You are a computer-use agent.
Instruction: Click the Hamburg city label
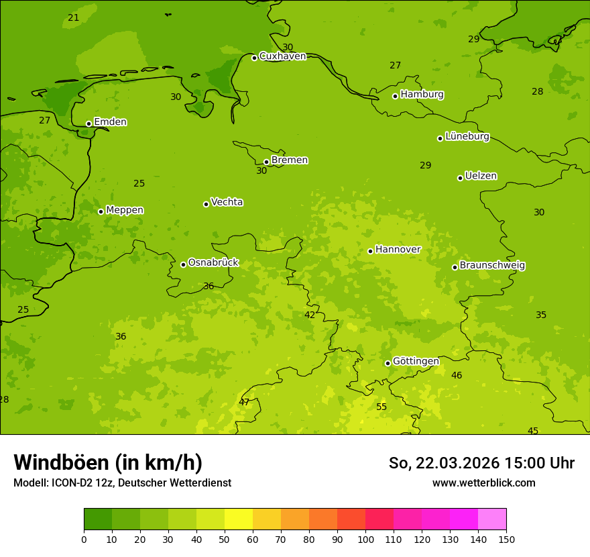coord(422,95)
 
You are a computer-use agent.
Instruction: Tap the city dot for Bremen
coord(266,162)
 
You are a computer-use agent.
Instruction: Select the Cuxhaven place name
coord(282,56)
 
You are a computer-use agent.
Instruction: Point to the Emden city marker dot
coord(88,123)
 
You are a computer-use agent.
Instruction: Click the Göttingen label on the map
coord(416,362)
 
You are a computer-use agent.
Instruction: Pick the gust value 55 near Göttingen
coord(381,407)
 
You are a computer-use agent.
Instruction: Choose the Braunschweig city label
coord(492,266)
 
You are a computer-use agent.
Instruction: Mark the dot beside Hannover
coord(370,251)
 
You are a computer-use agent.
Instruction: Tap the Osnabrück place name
coord(213,263)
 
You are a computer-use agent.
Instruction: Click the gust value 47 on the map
coord(244,402)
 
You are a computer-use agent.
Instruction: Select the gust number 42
coord(310,315)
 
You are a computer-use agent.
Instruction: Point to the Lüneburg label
coord(467,137)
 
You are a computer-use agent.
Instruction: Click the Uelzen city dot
coord(460,178)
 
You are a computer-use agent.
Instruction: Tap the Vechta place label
coord(227,202)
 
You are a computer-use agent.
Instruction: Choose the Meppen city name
coord(125,210)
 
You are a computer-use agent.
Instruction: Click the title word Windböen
coord(61,462)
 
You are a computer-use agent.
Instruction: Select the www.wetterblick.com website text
coord(483,483)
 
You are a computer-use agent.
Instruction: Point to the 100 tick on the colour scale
coord(365,538)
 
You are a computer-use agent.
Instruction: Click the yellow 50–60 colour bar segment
coord(239,519)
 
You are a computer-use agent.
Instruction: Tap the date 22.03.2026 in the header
coord(458,463)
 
